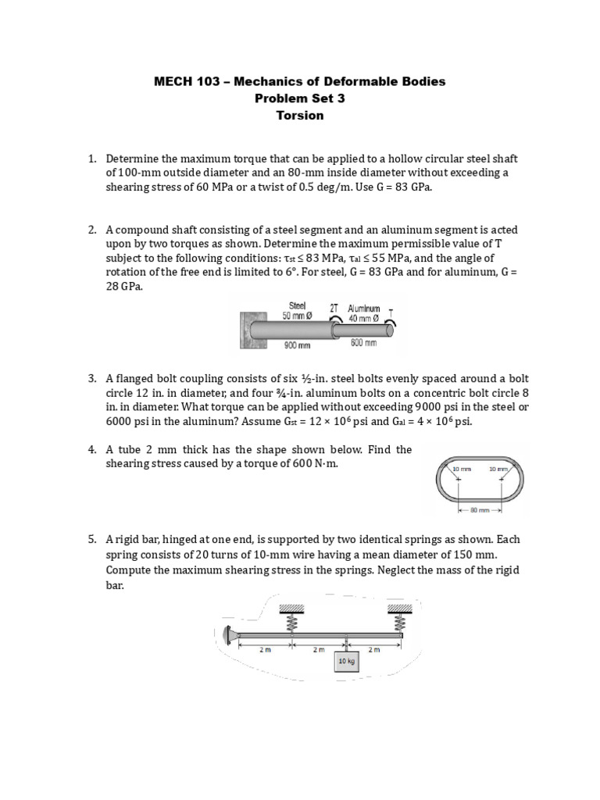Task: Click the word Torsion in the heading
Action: (x=299, y=116)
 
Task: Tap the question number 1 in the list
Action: (x=91, y=159)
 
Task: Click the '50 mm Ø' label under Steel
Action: (x=297, y=316)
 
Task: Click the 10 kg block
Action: (x=345, y=661)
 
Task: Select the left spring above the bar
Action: (x=295, y=622)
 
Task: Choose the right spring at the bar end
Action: (x=399, y=622)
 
